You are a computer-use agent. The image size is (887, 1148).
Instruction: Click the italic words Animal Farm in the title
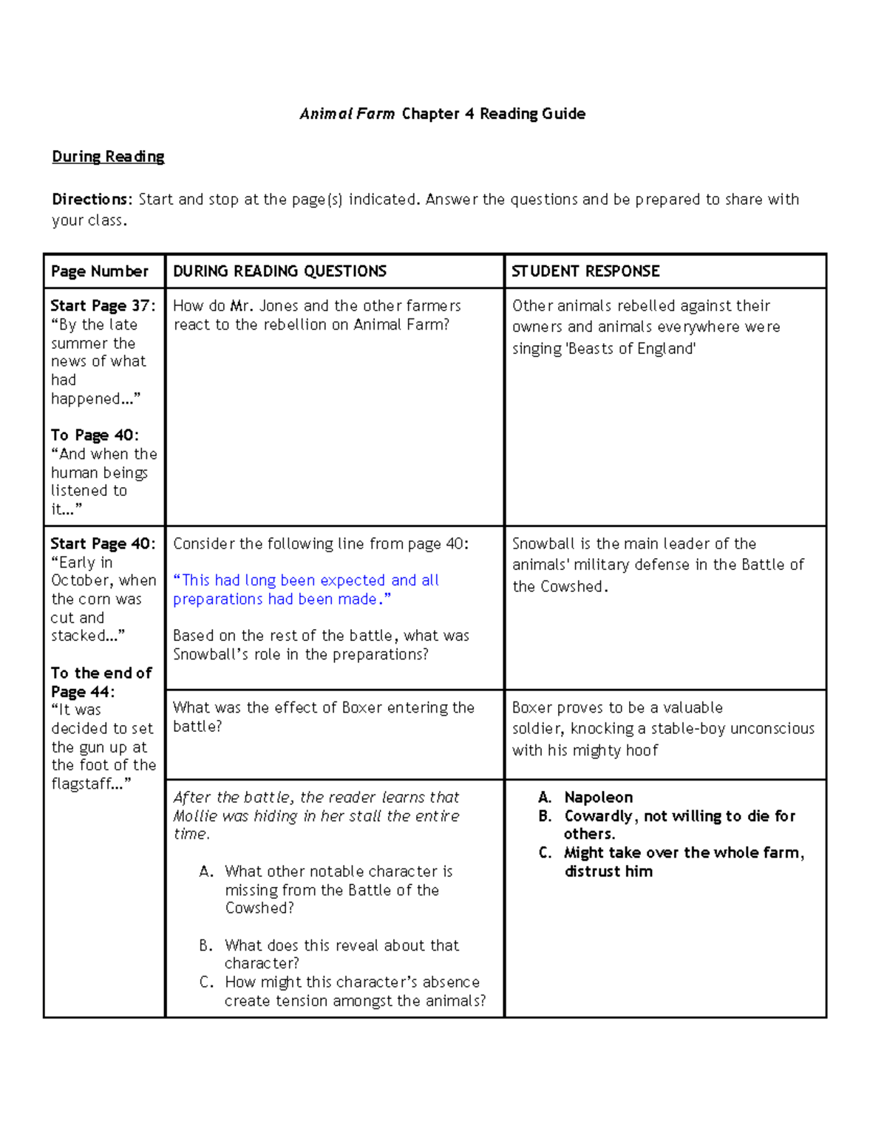(347, 114)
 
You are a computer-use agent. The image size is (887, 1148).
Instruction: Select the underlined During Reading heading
(108, 157)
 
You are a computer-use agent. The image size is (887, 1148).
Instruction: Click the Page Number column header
(100, 271)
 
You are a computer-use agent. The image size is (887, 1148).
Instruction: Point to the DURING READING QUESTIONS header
(279, 271)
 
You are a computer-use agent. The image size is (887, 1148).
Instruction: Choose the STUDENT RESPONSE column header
(585, 271)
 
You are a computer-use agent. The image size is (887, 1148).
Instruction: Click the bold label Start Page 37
(102, 306)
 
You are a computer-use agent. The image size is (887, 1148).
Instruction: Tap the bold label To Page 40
(94, 435)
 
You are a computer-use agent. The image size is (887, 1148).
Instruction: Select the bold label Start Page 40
(102, 544)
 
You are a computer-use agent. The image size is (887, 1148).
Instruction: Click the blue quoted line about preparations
(305, 590)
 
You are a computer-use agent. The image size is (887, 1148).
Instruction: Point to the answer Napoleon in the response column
(598, 798)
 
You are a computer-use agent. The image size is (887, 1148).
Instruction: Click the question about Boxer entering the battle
(323, 717)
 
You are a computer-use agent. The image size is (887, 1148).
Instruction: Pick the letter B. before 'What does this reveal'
(205, 945)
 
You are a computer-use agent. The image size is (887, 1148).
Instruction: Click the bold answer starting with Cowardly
(679, 825)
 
